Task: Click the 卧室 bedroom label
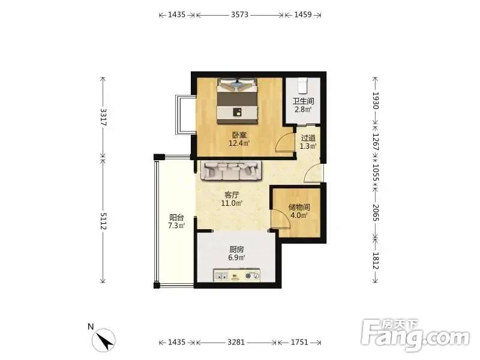pos(239,135)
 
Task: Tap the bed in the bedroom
pos(237,101)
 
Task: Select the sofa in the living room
pos(232,170)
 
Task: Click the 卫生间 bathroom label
pos(303,101)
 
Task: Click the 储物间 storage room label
pos(299,207)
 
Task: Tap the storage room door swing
pos(280,219)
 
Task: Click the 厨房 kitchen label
pos(236,250)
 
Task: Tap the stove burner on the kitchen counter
pos(248,276)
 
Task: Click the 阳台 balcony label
pos(176,218)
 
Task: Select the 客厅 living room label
pos(232,195)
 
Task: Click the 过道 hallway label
pos(308,139)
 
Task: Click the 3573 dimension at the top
pos(239,14)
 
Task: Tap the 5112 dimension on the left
pos(103,221)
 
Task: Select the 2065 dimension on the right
pos(376,212)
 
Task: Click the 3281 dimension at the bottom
pos(236,342)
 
